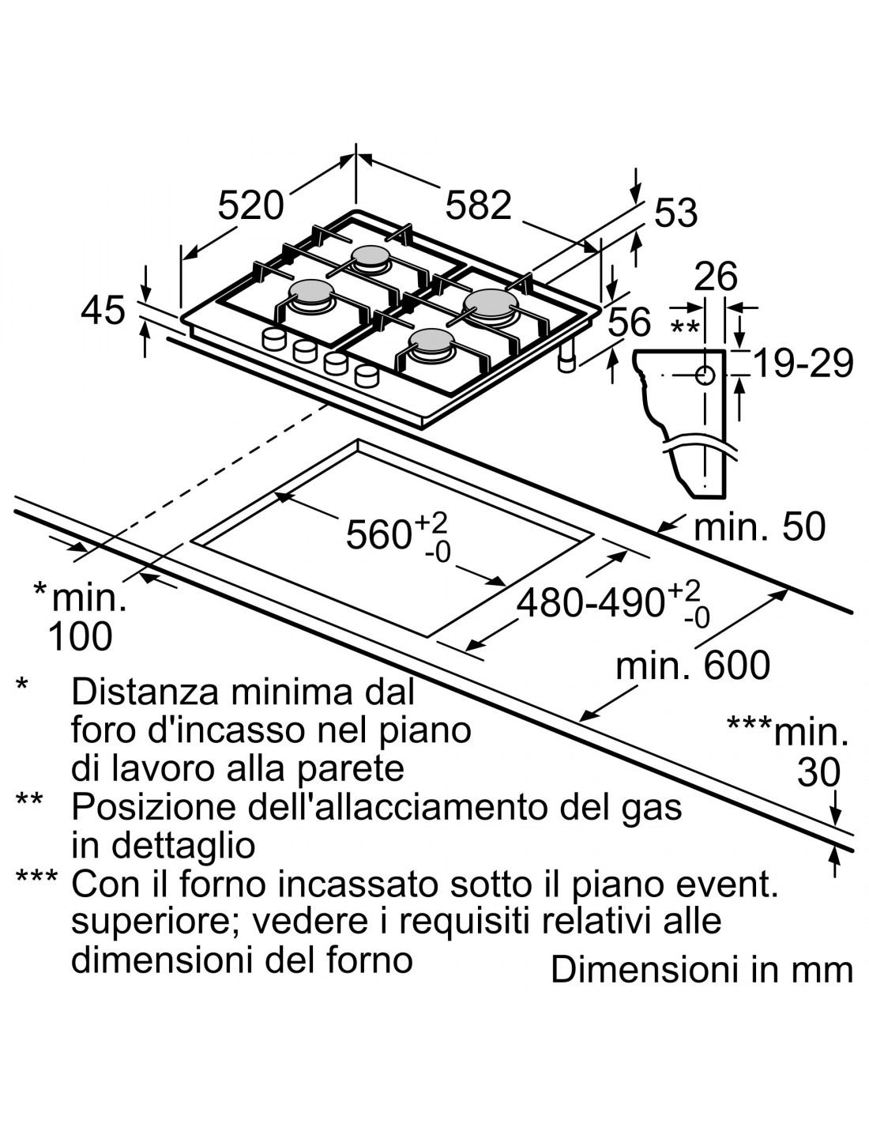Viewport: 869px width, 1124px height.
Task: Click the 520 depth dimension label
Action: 250,206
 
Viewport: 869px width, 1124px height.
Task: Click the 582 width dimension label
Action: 478,206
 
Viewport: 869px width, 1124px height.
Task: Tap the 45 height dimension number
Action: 103,310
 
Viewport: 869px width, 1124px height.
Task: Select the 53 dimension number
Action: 676,213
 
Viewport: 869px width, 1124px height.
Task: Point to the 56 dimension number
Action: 630,322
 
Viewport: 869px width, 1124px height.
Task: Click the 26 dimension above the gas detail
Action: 715,277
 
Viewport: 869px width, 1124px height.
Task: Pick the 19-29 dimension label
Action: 803,364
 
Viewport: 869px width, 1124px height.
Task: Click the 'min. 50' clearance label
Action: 759,526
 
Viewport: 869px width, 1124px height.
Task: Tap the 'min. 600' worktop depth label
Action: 692,666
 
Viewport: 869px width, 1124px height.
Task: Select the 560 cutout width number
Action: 378,535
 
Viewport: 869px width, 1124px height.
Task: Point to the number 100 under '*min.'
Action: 80,636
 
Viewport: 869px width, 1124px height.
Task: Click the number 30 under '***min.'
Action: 818,772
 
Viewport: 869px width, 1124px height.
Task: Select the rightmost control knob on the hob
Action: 366,375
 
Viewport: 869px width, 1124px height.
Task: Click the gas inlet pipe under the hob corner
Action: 566,360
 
